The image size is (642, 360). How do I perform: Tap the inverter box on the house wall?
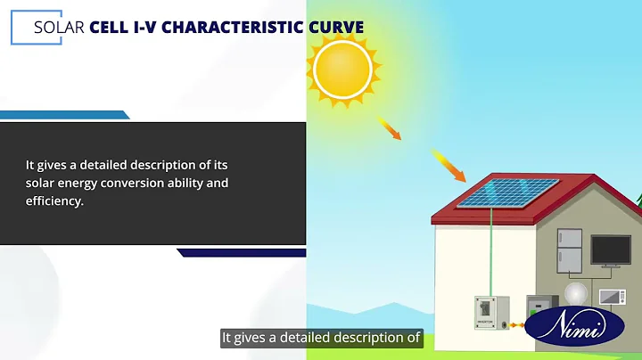click(x=486, y=312)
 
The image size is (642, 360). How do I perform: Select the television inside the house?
click(x=612, y=251)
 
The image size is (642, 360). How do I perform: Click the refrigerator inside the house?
click(x=570, y=251)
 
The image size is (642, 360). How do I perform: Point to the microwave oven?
click(x=613, y=297)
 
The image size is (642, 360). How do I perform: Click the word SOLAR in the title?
click(x=59, y=27)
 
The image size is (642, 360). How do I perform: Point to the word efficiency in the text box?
click(x=53, y=201)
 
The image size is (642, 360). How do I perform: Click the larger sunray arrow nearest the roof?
click(x=449, y=165)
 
